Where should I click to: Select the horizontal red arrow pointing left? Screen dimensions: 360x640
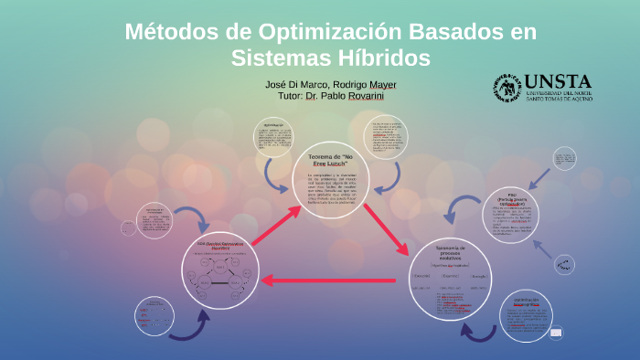[327, 280]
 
